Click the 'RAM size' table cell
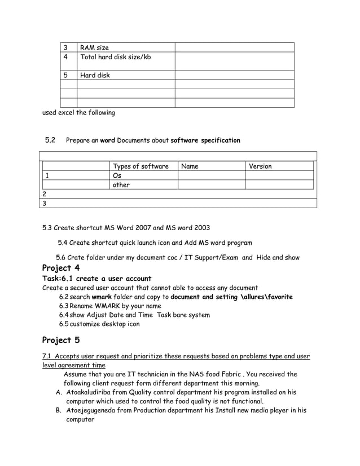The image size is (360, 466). (x=95, y=47)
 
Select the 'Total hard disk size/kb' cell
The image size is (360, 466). (x=116, y=57)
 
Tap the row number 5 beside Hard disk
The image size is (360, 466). (x=66, y=75)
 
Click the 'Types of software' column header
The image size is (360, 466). (x=141, y=166)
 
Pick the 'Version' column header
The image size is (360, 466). (x=260, y=166)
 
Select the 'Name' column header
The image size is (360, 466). (x=190, y=166)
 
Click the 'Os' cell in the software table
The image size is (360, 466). (x=117, y=175)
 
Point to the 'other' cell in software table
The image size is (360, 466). (x=121, y=184)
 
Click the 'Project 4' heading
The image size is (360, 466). (x=61, y=268)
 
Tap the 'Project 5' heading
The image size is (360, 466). (x=61, y=340)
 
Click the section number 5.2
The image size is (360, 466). (x=50, y=140)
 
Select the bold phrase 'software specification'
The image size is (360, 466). (x=205, y=140)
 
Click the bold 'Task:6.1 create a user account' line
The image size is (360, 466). (x=97, y=279)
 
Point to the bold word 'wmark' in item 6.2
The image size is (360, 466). (x=102, y=297)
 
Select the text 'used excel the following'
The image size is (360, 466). (x=78, y=112)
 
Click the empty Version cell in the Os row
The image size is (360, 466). (x=279, y=175)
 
